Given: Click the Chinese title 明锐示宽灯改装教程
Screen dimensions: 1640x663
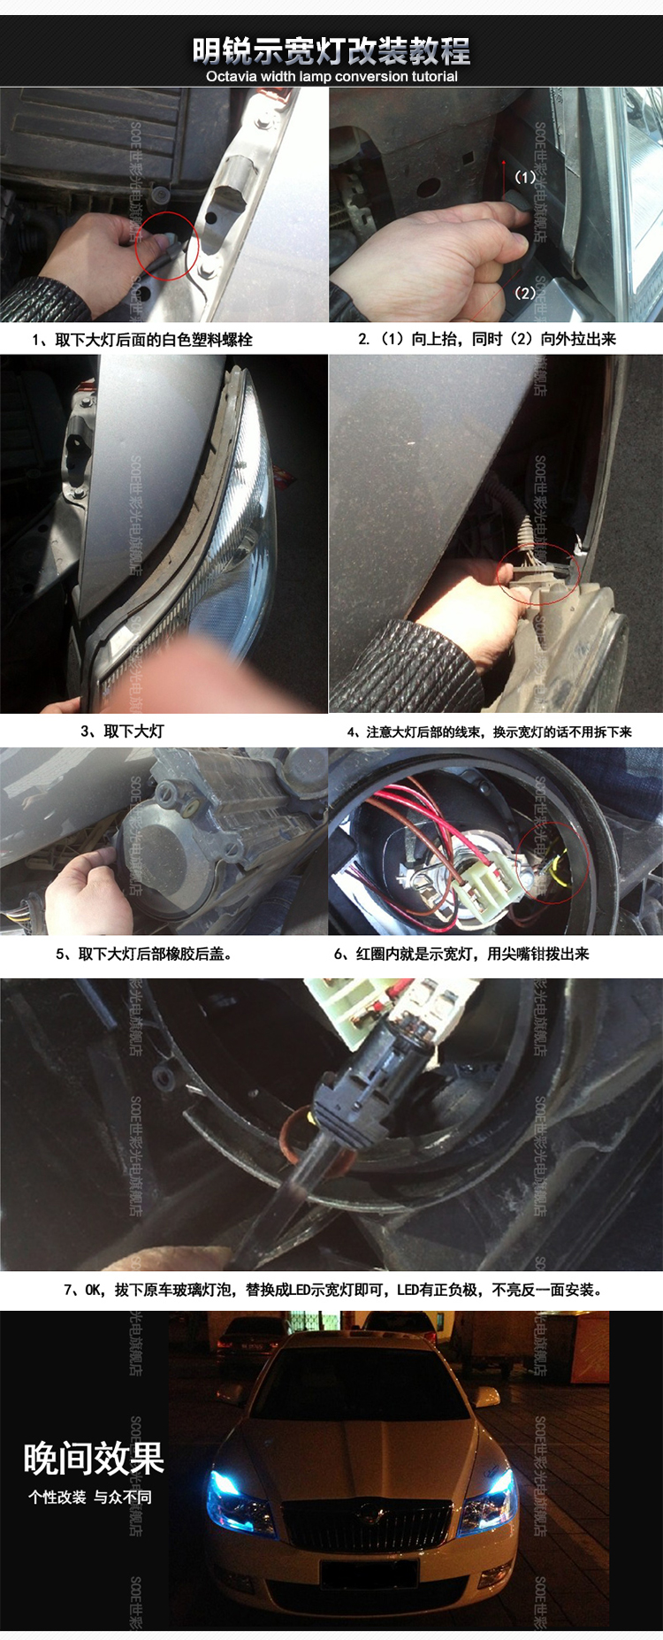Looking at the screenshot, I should coord(331,51).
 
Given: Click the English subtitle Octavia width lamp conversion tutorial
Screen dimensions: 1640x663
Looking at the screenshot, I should coord(331,77).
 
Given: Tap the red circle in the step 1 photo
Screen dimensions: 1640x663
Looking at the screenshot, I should coord(167,246).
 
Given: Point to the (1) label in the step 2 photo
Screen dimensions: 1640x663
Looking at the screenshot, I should coord(525,177).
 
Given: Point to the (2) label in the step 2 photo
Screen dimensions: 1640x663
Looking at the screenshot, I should coord(525,293).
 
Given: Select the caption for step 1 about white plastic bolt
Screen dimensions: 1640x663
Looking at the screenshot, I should coord(142,340).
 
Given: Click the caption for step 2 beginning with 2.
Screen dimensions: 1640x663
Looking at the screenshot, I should coord(487,339).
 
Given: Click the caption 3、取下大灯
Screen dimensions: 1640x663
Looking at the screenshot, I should coord(122,732).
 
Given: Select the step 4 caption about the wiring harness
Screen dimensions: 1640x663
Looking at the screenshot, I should coord(489,732).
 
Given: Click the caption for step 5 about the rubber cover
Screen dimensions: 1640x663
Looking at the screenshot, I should coord(144,954).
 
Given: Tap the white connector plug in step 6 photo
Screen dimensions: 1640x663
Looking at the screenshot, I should coord(473,885).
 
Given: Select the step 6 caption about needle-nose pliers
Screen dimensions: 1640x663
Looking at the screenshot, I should coord(461,954).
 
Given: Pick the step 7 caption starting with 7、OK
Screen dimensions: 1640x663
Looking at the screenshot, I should coord(332,1290).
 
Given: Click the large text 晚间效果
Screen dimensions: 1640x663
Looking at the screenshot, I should coord(94,1458).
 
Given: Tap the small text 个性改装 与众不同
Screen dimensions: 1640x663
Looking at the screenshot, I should coord(89,1497).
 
